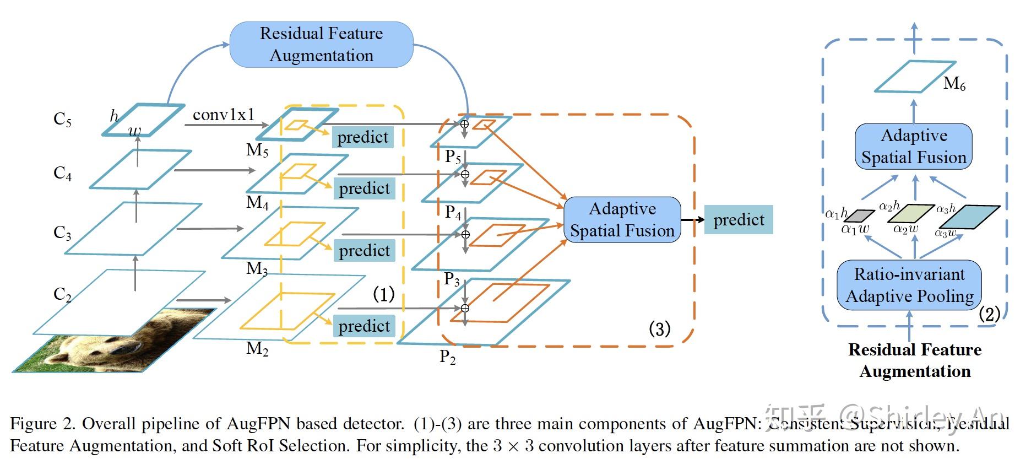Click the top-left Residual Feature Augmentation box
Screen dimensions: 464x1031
pyautogui.click(x=321, y=45)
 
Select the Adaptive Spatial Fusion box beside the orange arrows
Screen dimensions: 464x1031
pyautogui.click(x=622, y=219)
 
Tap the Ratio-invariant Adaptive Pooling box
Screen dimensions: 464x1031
pyautogui.click(x=909, y=285)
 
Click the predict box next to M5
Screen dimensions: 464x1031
pyautogui.click(x=362, y=137)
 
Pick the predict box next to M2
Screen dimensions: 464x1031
pyautogui.click(x=363, y=326)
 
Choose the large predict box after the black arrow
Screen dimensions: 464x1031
pyautogui.click(x=738, y=220)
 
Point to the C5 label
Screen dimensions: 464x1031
pyautogui.click(x=62, y=119)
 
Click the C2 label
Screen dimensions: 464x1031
pyautogui.click(x=62, y=294)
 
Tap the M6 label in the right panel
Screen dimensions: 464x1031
pyautogui.click(x=954, y=84)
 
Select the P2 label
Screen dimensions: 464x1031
pyautogui.click(x=447, y=358)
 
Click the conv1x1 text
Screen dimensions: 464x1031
pyautogui.click(x=224, y=115)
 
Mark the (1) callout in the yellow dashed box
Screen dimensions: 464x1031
pyautogui.click(x=383, y=294)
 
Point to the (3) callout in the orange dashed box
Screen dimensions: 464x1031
pyautogui.click(x=659, y=329)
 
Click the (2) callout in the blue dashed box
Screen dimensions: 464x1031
pyautogui.click(x=989, y=314)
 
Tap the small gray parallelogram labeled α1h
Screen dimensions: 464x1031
pyautogui.click(x=859, y=215)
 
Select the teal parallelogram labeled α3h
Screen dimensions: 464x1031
pyautogui.click(x=969, y=217)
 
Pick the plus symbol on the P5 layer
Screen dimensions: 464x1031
pyautogui.click(x=464, y=124)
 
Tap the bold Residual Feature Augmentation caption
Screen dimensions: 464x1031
pyautogui.click(x=915, y=360)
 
